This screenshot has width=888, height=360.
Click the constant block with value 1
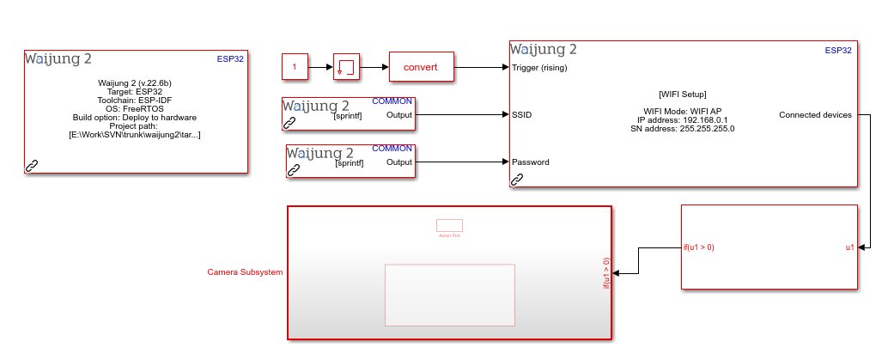[295, 66]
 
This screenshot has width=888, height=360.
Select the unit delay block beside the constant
[347, 66]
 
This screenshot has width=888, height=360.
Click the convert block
[421, 67]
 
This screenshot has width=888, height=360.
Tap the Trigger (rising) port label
[538, 67]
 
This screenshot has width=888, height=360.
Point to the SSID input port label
[521, 114]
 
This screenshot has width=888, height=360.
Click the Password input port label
[531, 162]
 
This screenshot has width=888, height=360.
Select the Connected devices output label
[815, 114]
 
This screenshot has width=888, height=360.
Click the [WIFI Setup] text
[683, 94]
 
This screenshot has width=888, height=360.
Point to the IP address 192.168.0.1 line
[683, 119]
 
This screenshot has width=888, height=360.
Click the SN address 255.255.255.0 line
[683, 128]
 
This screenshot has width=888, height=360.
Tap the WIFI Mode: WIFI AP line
[683, 111]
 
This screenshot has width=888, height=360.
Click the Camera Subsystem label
[245, 272]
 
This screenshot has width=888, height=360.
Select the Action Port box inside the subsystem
[449, 226]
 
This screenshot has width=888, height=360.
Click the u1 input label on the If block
[849, 247]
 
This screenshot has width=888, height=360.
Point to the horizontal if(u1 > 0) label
[699, 247]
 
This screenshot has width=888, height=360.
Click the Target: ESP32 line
[135, 91]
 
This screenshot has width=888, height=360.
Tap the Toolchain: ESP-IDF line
[135, 100]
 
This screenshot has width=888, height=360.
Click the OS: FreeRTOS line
[135, 108]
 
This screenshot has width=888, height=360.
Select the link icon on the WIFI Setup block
[517, 180]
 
